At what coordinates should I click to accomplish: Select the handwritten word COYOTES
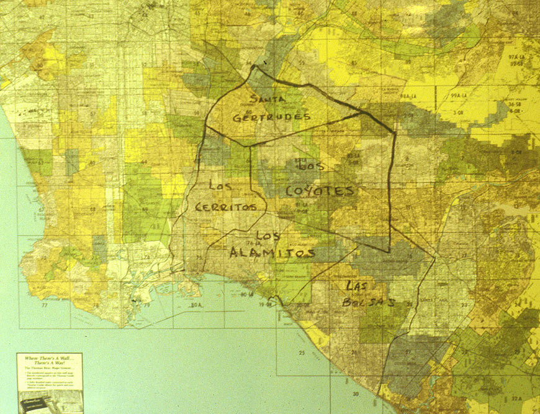tap(320, 191)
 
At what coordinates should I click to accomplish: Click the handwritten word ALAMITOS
tap(272, 252)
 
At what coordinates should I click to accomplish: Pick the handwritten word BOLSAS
tap(369, 302)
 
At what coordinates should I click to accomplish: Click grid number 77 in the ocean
tap(44, 305)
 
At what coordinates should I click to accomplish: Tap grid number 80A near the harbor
tap(198, 305)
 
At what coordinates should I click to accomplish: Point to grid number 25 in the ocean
tap(302, 353)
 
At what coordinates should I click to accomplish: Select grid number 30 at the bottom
tap(356, 394)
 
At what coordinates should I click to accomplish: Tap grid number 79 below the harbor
tap(146, 305)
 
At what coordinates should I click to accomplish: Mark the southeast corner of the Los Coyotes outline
tap(389, 251)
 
